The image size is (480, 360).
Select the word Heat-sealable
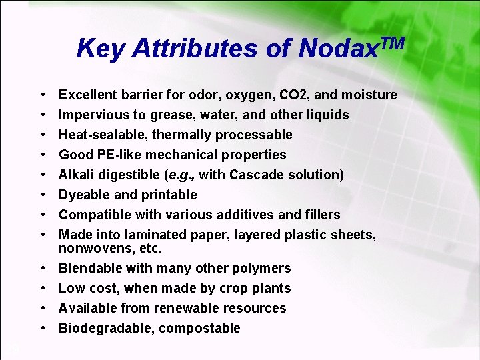pos(102,135)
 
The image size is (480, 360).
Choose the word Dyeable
pos(83,195)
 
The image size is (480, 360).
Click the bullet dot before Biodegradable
pos(41,328)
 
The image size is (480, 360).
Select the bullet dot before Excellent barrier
pos(41,95)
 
